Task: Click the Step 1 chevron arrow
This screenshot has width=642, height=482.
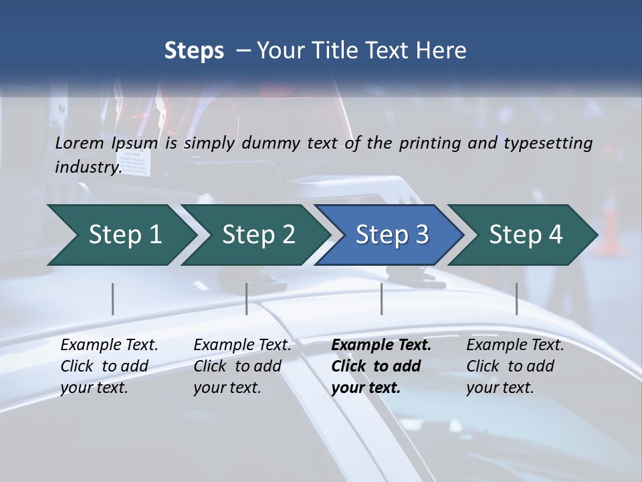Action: (x=120, y=235)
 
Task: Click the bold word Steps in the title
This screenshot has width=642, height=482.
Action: (x=194, y=51)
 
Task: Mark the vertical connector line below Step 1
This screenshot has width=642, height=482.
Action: (x=112, y=299)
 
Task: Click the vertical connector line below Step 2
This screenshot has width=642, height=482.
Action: (x=246, y=299)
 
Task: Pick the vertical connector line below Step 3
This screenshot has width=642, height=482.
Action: (x=381, y=299)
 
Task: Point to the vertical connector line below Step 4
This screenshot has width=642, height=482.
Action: (x=516, y=299)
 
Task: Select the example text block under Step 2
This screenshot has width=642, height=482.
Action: (x=241, y=366)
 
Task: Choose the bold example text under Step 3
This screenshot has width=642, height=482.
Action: (x=380, y=366)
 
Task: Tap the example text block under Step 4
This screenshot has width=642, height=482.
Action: (x=514, y=366)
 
